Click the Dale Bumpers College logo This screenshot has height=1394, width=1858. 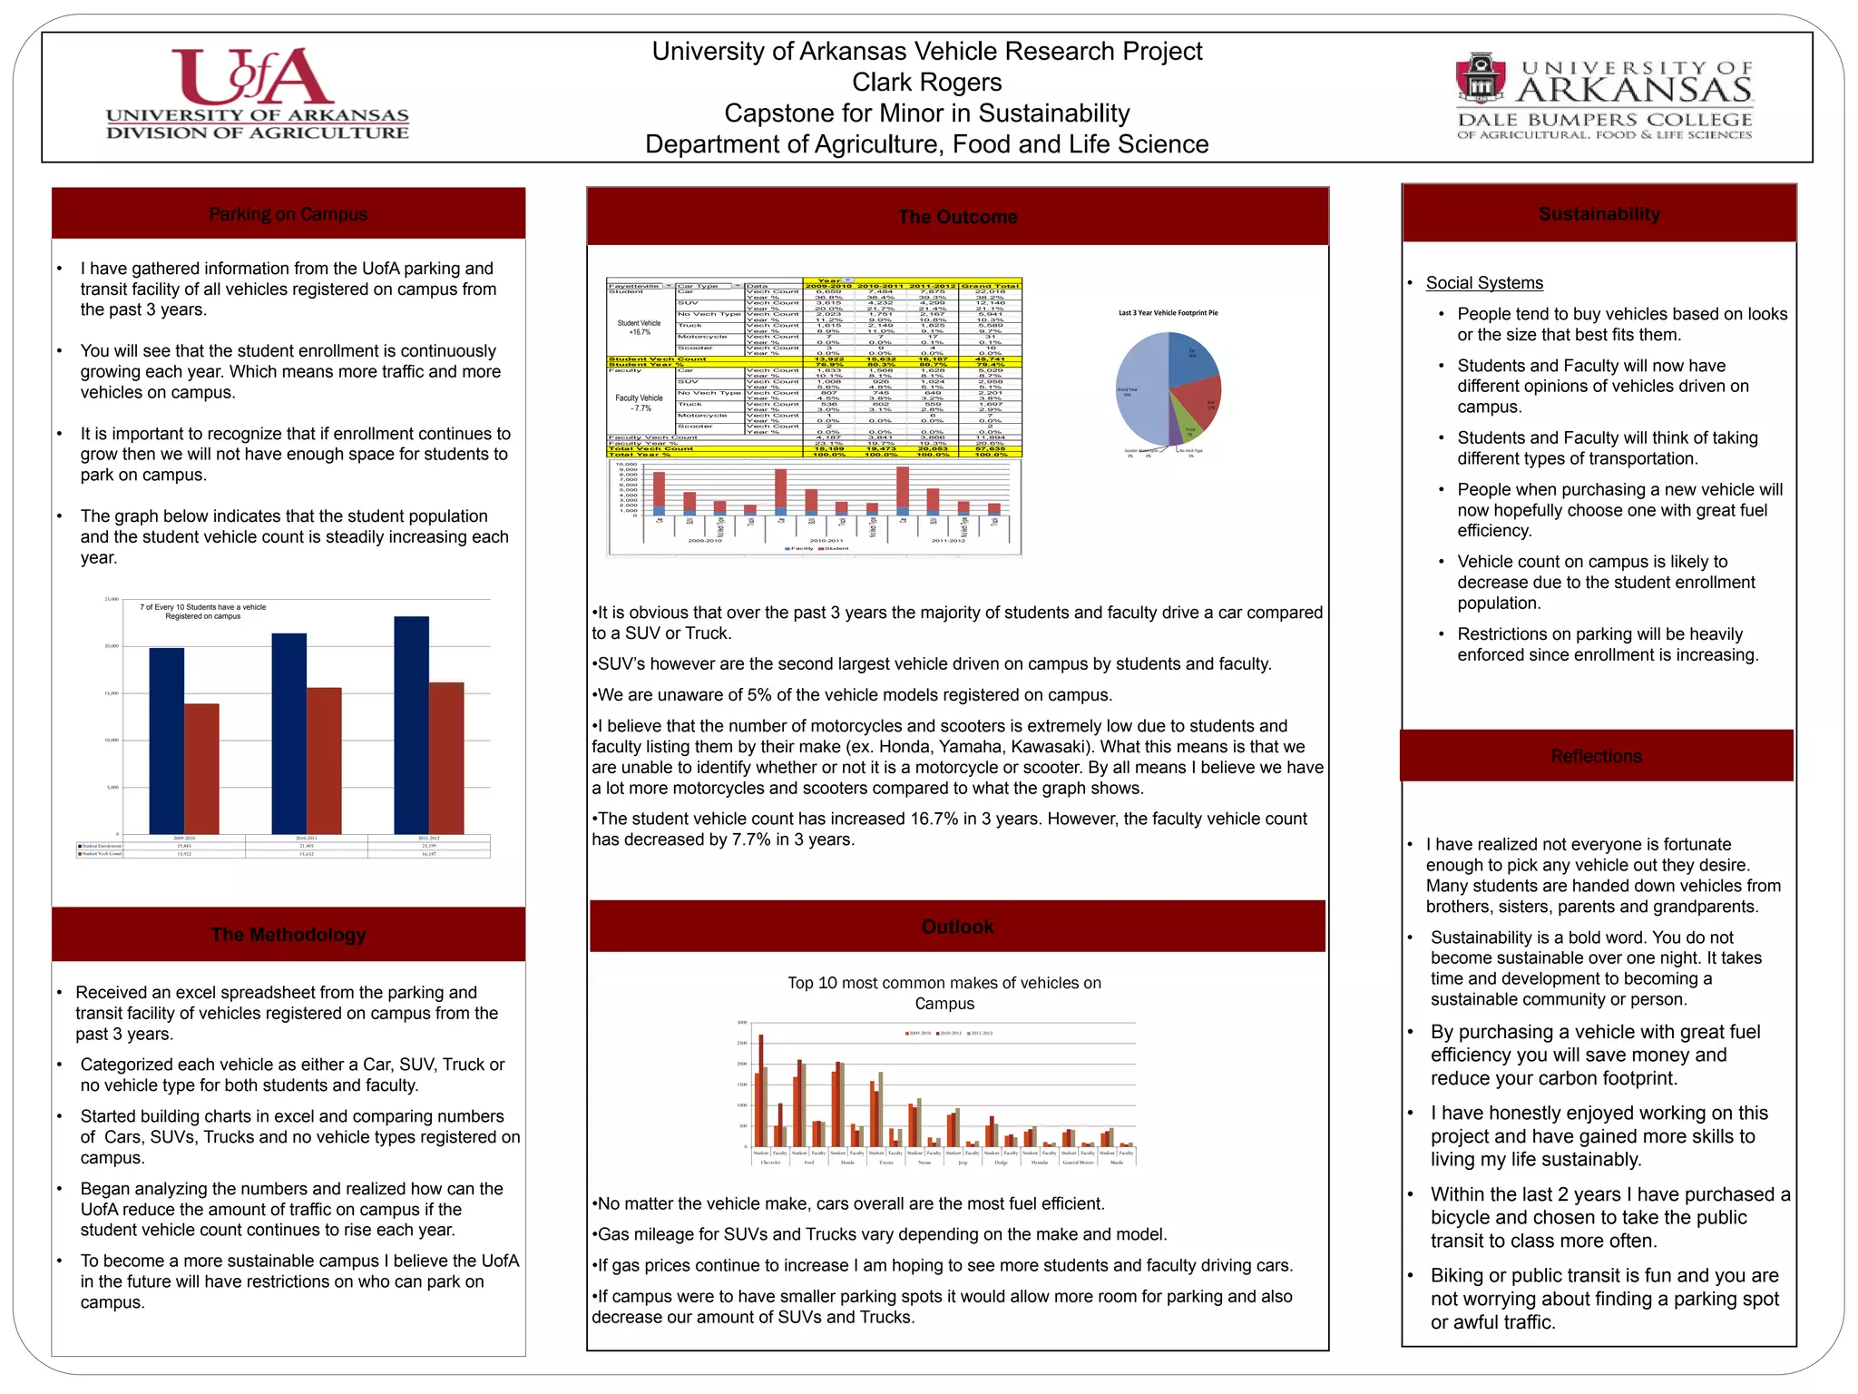pyautogui.click(x=1604, y=98)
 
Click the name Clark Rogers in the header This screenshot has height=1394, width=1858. pyautogui.click(x=926, y=83)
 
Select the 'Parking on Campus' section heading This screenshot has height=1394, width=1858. pyautogui.click(x=288, y=214)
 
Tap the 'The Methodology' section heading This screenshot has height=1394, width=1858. pyautogui.click(x=288, y=935)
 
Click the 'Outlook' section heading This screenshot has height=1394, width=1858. pyautogui.click(x=957, y=927)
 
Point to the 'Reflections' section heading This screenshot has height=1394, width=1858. pyautogui.click(x=1596, y=756)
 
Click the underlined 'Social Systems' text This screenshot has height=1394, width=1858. pyautogui.click(x=1484, y=283)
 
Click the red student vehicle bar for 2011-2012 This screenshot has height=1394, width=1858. pyautogui.click(x=446, y=758)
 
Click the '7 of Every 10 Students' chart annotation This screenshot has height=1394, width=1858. pyautogui.click(x=202, y=612)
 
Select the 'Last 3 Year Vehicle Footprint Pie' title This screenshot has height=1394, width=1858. pyautogui.click(x=1168, y=313)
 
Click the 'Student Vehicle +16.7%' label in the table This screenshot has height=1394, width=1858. pyautogui.click(x=640, y=328)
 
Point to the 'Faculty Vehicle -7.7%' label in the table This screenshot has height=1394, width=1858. pyautogui.click(x=640, y=403)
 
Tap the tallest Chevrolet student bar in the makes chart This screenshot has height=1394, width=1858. pyautogui.click(x=761, y=1090)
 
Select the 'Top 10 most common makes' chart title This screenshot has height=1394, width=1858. pyautogui.click(x=944, y=993)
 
